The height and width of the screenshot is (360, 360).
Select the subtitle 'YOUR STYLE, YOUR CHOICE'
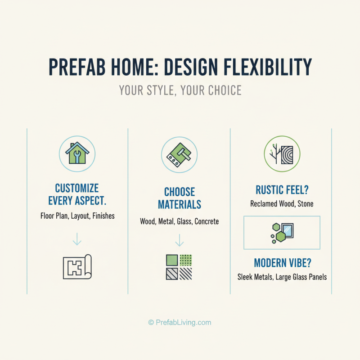(x=180, y=90)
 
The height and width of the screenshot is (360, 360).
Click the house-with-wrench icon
(x=77, y=154)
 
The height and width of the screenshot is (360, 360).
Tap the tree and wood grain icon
(x=282, y=154)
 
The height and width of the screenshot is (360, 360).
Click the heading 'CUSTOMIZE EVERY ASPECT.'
(x=77, y=193)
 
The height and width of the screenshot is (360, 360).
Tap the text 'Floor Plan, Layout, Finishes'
(x=77, y=216)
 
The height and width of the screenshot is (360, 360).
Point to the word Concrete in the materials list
(x=207, y=221)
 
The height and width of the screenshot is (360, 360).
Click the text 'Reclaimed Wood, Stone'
(x=282, y=204)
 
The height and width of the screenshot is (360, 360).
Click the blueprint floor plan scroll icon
(x=77, y=267)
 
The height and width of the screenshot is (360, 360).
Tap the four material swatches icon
(x=179, y=267)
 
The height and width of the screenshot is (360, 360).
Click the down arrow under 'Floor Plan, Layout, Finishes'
(x=77, y=238)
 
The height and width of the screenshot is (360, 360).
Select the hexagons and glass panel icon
(x=282, y=232)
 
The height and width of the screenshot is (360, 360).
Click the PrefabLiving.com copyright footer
(x=180, y=322)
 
